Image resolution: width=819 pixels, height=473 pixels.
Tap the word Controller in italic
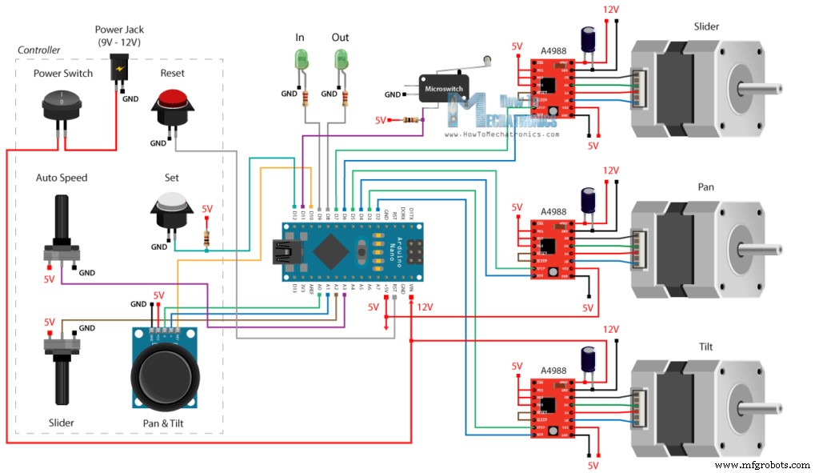tap(38, 50)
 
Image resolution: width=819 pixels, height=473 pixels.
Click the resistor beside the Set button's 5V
tap(208, 238)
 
